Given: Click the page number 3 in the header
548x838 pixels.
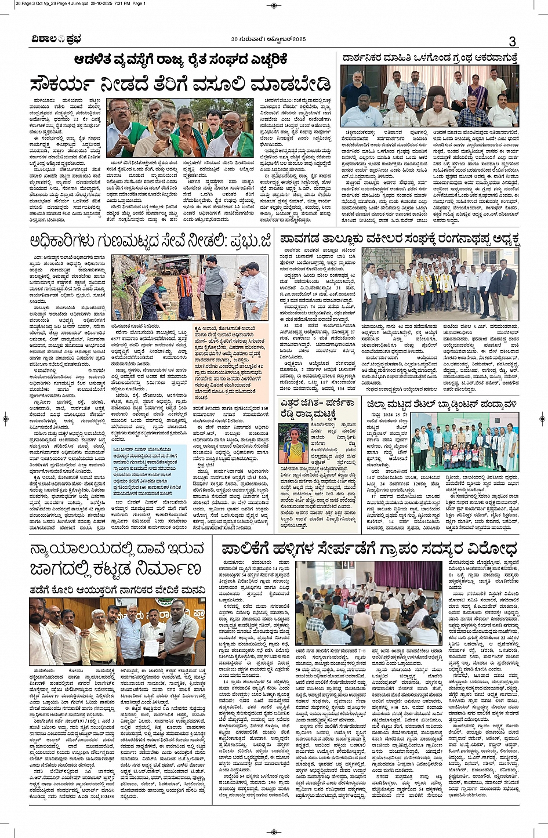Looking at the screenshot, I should click(x=512, y=41).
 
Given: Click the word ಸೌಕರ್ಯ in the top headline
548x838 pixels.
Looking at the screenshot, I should click(x=70, y=82).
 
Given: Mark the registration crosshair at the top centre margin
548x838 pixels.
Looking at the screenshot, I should click(x=274, y=5).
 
